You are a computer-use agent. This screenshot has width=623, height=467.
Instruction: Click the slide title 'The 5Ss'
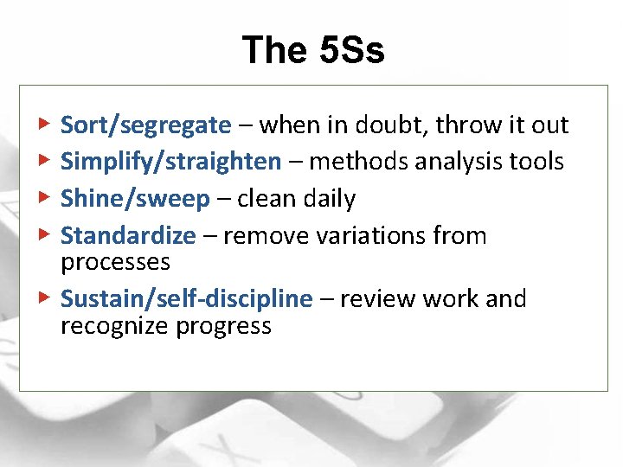(x=312, y=50)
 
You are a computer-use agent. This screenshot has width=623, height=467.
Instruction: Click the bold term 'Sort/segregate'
(x=145, y=126)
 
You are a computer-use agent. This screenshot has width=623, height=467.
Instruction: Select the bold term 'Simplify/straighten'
(x=170, y=162)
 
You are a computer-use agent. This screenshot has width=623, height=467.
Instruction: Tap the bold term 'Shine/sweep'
(x=135, y=199)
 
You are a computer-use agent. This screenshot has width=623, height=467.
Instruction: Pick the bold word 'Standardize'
(x=128, y=235)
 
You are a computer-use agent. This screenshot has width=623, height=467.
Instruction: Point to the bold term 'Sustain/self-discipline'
(x=186, y=299)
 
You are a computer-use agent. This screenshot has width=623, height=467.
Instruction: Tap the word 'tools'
(x=536, y=162)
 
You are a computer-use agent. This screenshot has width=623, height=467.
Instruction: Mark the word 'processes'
(x=114, y=261)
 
